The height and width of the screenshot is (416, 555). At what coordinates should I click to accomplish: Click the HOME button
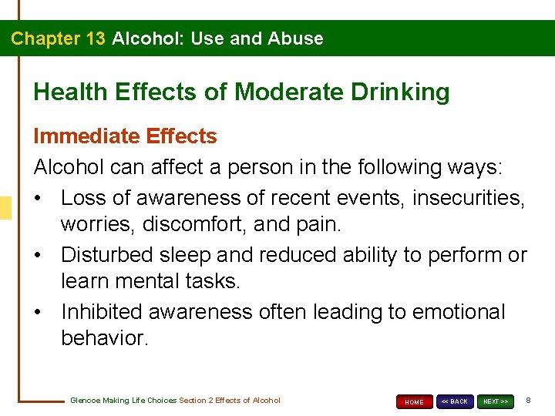[x=415, y=401]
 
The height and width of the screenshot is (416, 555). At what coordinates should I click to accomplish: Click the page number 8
[x=528, y=401]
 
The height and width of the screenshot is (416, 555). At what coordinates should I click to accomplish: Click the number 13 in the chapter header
[x=92, y=39]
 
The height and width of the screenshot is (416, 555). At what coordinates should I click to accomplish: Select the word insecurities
[x=469, y=198]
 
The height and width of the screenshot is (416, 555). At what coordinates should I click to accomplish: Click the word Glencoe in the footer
[x=83, y=401]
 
